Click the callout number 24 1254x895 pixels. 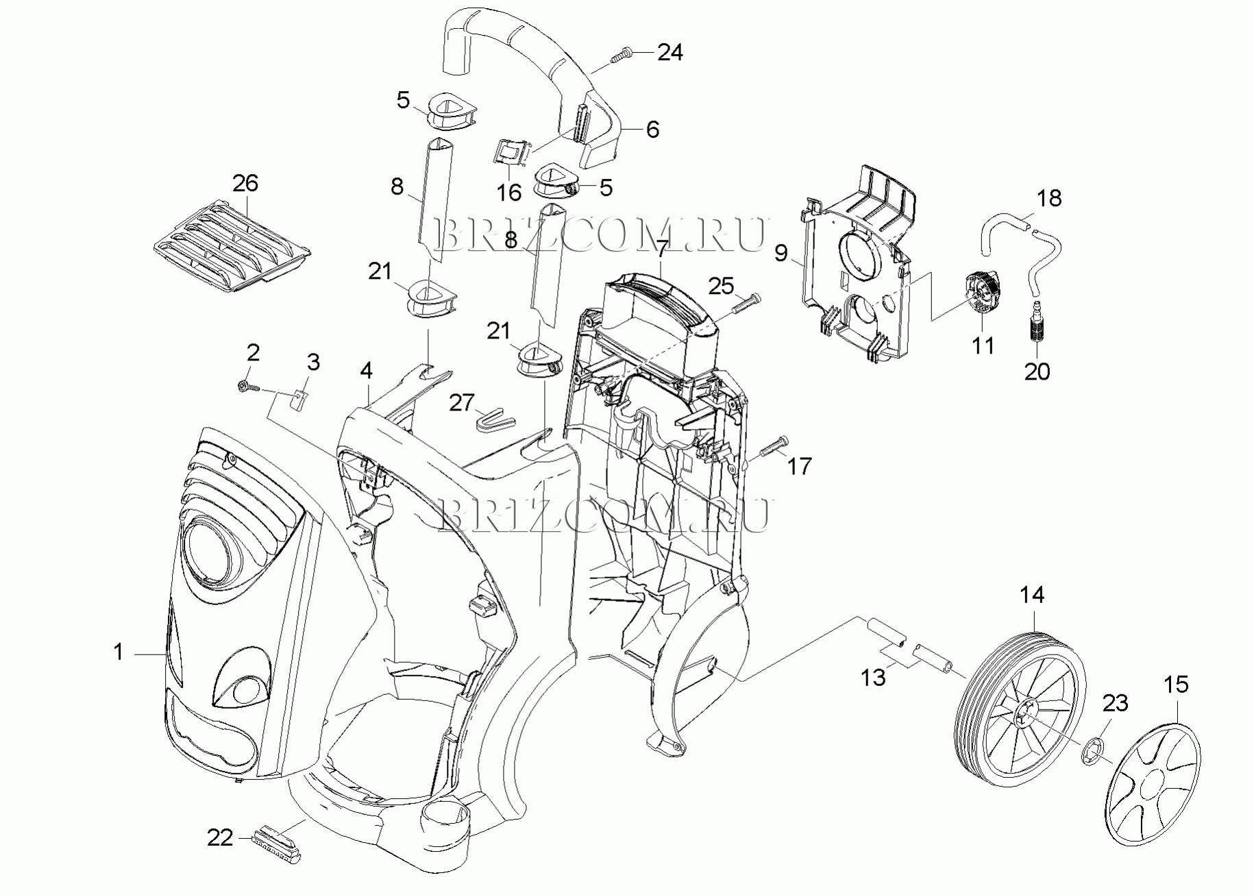(x=670, y=52)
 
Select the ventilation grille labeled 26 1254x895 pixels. (x=232, y=245)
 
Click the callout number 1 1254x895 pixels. (x=119, y=652)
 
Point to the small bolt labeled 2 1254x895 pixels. (x=248, y=387)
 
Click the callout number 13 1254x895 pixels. (x=873, y=678)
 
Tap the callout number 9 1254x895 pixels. (x=781, y=254)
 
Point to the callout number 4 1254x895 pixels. (x=367, y=371)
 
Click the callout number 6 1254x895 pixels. (x=652, y=130)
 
